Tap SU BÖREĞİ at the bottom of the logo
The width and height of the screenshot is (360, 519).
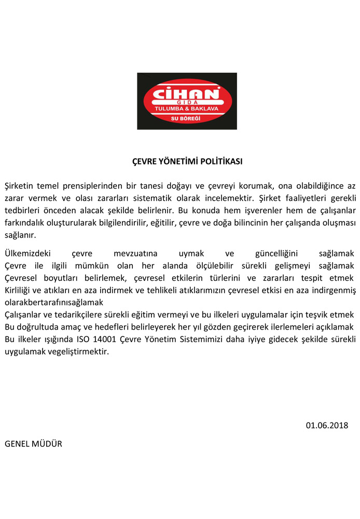coord(186,119)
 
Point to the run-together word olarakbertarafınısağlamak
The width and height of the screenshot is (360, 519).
coord(54,302)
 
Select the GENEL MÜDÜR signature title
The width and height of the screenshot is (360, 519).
coord(33,444)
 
